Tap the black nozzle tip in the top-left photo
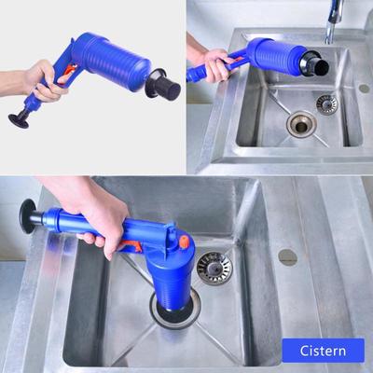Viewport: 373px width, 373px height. click(x=165, y=89)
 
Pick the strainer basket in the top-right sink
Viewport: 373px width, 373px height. click(x=325, y=103)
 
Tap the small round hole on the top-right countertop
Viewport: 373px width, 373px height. click(x=363, y=89)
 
